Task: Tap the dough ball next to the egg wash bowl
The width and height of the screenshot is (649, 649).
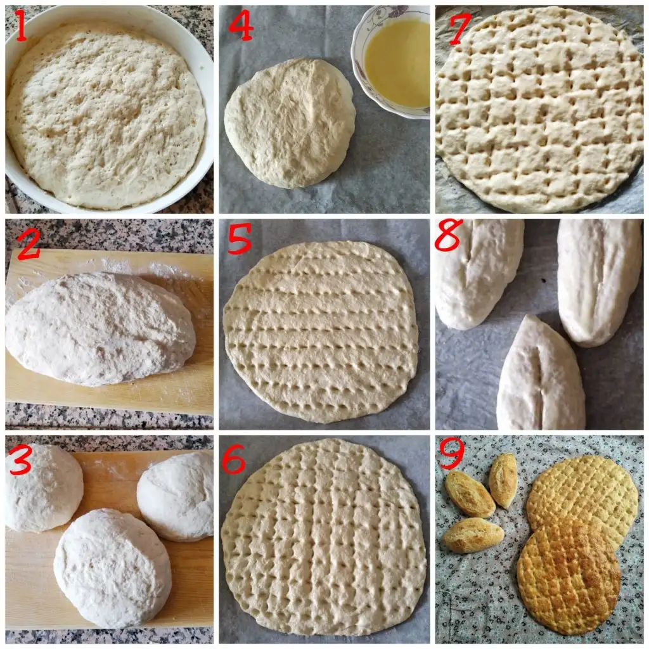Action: pos(289,122)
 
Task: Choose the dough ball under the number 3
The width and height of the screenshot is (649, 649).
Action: pos(44,489)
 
